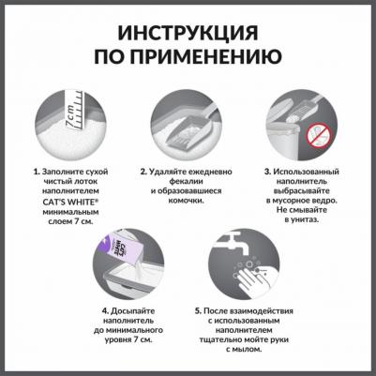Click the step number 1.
(x=36, y=173)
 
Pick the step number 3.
(x=267, y=173)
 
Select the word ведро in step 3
(x=331, y=196)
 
